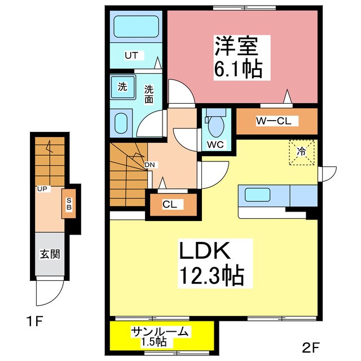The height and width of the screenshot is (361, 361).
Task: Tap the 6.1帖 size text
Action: click(x=237, y=68)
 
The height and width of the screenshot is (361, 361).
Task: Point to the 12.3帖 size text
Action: click(x=212, y=275)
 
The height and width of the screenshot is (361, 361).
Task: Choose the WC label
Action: click(x=215, y=144)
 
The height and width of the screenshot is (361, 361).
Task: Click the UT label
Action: click(x=131, y=55)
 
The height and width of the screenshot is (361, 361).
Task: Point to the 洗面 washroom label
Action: click(x=149, y=94)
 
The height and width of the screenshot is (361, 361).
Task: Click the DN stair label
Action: click(x=149, y=165)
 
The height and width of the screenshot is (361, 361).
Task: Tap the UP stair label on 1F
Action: click(x=42, y=188)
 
